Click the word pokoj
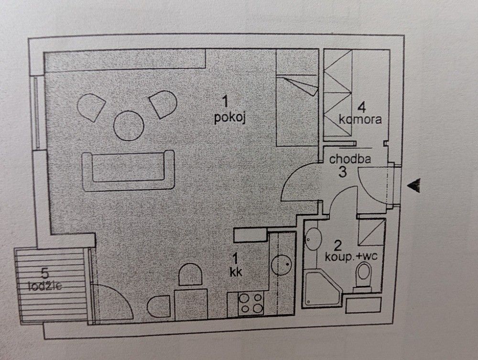(x=230, y=118)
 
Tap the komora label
(x=360, y=119)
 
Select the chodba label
(x=350, y=159)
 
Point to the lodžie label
(x=45, y=286)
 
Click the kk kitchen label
(x=236, y=272)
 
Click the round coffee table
(x=129, y=125)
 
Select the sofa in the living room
(x=128, y=170)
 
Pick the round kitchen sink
(x=282, y=264)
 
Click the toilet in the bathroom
(x=363, y=277)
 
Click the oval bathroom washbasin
(x=313, y=239)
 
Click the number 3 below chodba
(x=343, y=172)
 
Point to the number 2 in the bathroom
(x=337, y=246)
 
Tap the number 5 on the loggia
(x=44, y=274)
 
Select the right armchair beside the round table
(x=163, y=104)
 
